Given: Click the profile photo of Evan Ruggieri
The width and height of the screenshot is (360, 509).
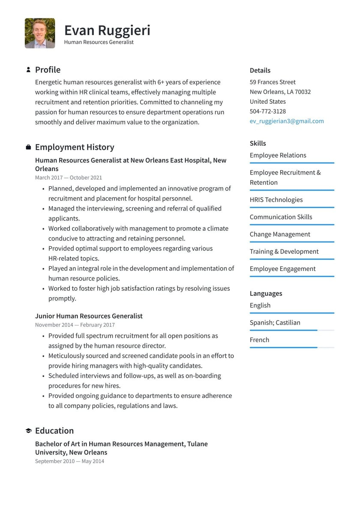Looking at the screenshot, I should click(40, 33).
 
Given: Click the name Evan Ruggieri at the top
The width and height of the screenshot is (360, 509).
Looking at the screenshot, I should click(107, 30).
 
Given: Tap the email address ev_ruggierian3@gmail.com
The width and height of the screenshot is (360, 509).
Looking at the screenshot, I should click(287, 121).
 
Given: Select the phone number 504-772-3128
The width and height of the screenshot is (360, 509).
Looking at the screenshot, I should click(268, 111).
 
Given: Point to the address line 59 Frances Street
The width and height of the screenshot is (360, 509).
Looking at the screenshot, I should click(273, 82).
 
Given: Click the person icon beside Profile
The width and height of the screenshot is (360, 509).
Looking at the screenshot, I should click(28, 69).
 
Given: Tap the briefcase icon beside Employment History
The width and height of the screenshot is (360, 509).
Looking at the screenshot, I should click(28, 147).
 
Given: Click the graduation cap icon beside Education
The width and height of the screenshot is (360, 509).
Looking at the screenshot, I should click(28, 431).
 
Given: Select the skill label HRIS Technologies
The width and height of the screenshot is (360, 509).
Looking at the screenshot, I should click(276, 200).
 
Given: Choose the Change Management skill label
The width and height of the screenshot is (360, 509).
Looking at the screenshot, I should click(280, 234).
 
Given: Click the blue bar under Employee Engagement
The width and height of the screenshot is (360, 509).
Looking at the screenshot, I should click(291, 277).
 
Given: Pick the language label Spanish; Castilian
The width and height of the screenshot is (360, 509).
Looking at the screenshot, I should click(275, 322).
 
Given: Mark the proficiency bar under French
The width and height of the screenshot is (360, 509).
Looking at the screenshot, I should click(291, 347).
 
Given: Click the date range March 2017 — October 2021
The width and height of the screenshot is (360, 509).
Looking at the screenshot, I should click(69, 178).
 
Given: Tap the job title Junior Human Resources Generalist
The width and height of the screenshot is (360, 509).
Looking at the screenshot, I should click(89, 316).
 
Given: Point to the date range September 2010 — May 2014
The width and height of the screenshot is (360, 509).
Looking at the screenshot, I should click(69, 461).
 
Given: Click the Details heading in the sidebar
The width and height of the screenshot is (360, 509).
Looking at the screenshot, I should click(260, 70).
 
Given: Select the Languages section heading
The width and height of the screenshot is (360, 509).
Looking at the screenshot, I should click(266, 294).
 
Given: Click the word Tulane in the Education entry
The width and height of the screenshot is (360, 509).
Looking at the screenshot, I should click(197, 444).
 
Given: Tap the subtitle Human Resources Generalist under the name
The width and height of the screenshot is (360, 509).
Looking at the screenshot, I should click(99, 42).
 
